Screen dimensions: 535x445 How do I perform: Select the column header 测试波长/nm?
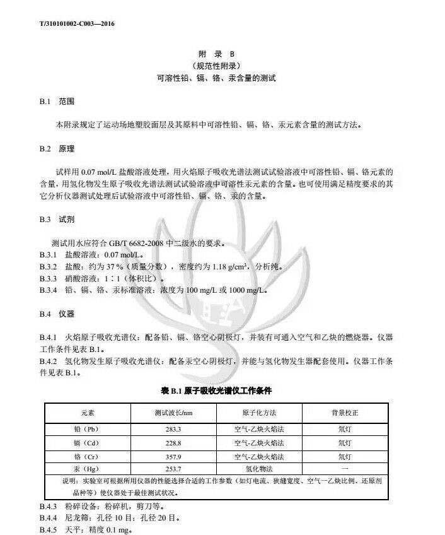coord(173,413)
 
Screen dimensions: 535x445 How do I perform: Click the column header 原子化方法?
coord(259,413)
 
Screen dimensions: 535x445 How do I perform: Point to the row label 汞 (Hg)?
coord(86,469)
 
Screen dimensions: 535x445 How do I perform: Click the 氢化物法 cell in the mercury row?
coord(259,469)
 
